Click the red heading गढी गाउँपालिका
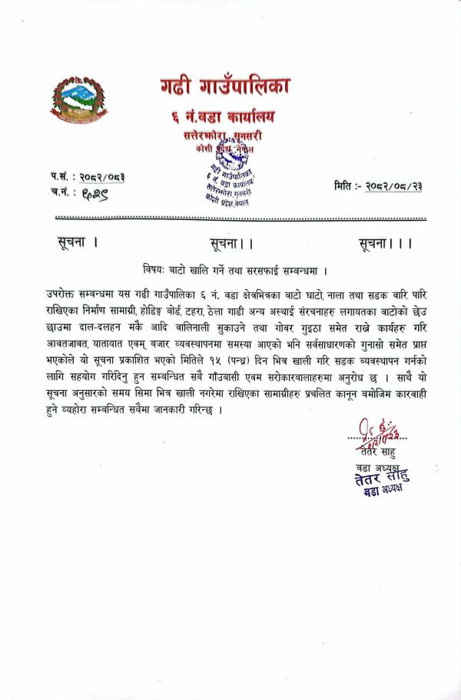pyautogui.click(x=225, y=86)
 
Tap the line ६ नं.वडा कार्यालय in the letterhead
pyautogui.click(x=223, y=117)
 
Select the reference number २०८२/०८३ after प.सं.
pyautogui.click(x=102, y=177)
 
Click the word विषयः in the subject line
pyautogui.click(x=156, y=270)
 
